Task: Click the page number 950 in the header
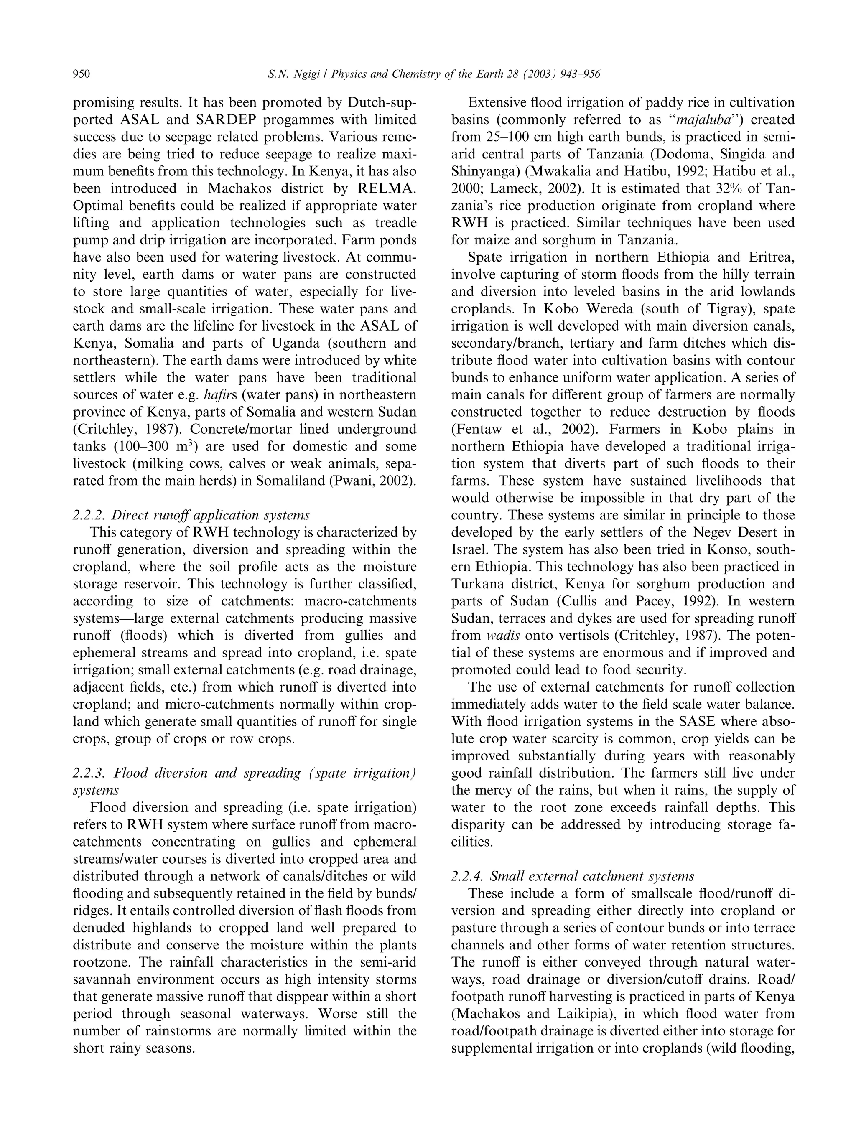tap(82, 75)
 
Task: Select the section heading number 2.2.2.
tap(89, 515)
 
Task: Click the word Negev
tap(707, 532)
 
